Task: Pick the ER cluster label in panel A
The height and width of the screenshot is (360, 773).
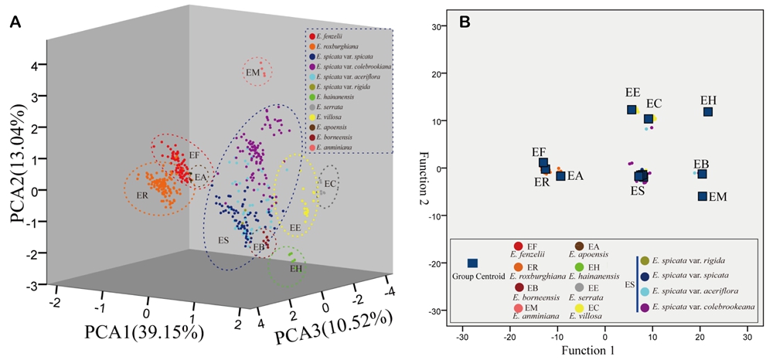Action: click(142, 195)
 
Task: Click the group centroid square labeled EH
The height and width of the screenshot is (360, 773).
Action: click(708, 112)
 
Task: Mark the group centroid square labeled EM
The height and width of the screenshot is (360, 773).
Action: click(703, 196)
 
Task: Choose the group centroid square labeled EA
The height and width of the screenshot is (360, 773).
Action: click(560, 176)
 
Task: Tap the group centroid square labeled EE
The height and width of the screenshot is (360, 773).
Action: click(632, 110)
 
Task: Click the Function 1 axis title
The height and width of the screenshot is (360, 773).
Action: click(604, 352)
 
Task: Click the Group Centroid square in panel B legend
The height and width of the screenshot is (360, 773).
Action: click(472, 263)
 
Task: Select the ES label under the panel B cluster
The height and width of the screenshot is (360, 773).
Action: click(637, 190)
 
